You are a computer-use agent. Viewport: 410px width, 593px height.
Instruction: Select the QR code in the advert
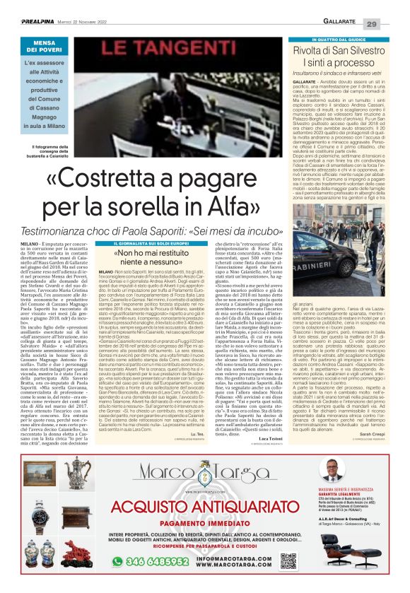pyautogui.click(x=287, y=560)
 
